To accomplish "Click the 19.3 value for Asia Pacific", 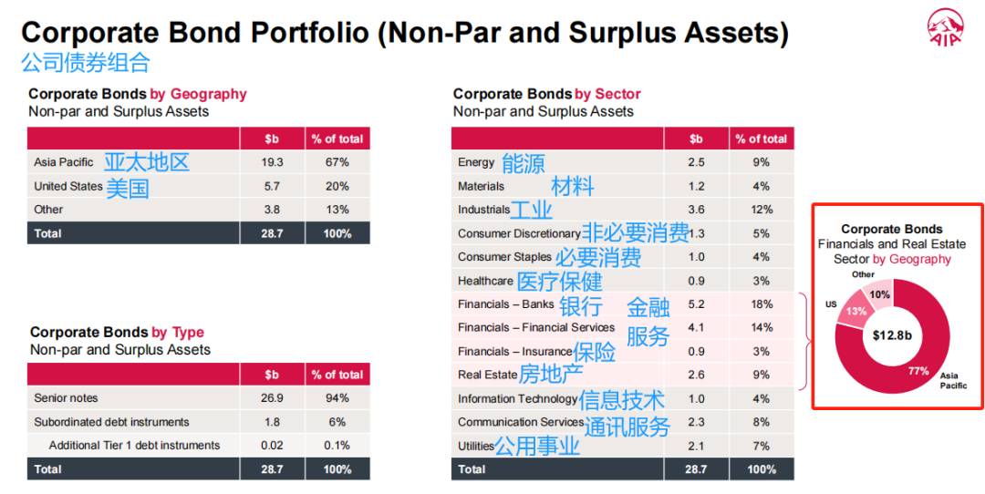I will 273,162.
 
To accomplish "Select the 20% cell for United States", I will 337,186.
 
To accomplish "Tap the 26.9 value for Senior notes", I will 273,398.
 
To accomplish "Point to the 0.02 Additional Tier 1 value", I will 273,446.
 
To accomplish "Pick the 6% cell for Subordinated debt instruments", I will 337,422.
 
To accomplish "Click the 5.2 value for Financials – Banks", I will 696,304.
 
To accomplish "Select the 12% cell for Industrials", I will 761,210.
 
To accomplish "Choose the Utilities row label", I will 475,446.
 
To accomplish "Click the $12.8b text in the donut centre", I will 893,335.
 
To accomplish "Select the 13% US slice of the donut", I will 856,311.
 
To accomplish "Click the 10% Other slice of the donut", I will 879,294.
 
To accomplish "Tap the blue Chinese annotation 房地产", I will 550,374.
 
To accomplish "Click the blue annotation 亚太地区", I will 146,162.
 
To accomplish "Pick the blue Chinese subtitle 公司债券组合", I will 86,62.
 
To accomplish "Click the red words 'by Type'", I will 178,333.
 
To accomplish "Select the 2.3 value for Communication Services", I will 696,422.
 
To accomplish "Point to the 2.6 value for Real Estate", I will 696,375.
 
